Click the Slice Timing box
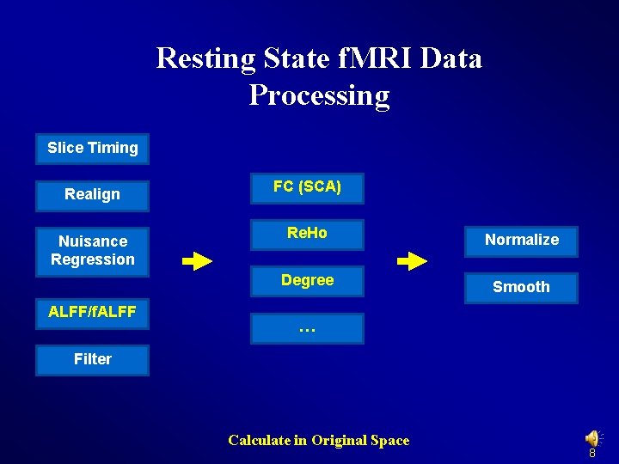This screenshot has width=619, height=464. click(92, 148)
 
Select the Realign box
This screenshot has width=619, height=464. click(92, 195)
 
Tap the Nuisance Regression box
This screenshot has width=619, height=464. click(92, 251)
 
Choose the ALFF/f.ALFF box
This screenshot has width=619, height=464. click(92, 313)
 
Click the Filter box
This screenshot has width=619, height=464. click(92, 360)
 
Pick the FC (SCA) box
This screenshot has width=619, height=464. click(307, 187)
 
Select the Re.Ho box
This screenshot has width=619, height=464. click(307, 234)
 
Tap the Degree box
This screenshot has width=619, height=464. click(307, 281)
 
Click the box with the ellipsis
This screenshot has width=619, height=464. click(307, 328)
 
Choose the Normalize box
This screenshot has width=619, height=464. click(521, 241)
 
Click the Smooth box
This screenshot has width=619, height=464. click(521, 288)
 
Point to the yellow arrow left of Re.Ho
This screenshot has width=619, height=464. click(198, 261)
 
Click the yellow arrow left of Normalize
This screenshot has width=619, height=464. click(413, 261)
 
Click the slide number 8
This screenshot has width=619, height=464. click(592, 453)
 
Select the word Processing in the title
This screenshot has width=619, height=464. click(319, 95)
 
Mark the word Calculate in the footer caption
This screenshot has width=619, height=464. click(259, 441)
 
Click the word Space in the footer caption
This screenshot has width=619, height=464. click(389, 441)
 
